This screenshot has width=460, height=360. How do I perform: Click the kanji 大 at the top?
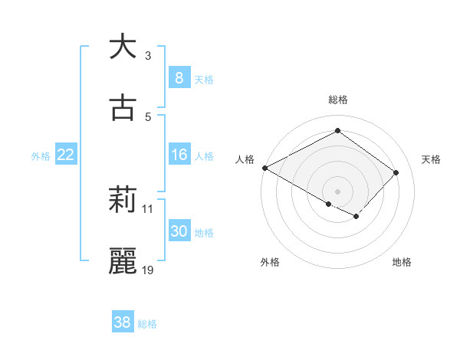coord(123,47)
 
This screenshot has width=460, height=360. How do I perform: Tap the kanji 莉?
coord(123,201)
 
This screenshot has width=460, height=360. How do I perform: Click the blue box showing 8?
coord(179,78)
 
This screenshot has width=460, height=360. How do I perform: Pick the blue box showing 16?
coord(179,155)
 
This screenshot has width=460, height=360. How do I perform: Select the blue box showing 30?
coord(179,231)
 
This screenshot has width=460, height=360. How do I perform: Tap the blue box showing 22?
coord(66,155)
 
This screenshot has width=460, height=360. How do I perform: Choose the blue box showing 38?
coord(122,322)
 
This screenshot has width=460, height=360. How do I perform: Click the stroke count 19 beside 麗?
coord(149,270)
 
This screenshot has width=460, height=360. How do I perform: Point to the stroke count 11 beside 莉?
coord(149,208)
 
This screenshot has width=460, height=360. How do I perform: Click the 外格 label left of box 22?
coord(41,155)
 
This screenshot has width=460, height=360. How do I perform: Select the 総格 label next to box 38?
coord(147,324)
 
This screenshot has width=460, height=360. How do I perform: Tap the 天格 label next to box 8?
coord(204,79)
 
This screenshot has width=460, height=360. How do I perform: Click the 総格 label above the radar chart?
coord(337,100)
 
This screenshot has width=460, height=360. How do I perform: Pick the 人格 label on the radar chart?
coord(245,159)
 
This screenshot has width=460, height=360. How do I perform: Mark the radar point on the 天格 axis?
coord(396,172)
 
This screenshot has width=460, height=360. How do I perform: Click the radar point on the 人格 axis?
coord(264,167)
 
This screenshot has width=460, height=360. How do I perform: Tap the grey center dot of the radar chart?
coord(337,191)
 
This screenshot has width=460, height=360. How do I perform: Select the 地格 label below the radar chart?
coord(402,262)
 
